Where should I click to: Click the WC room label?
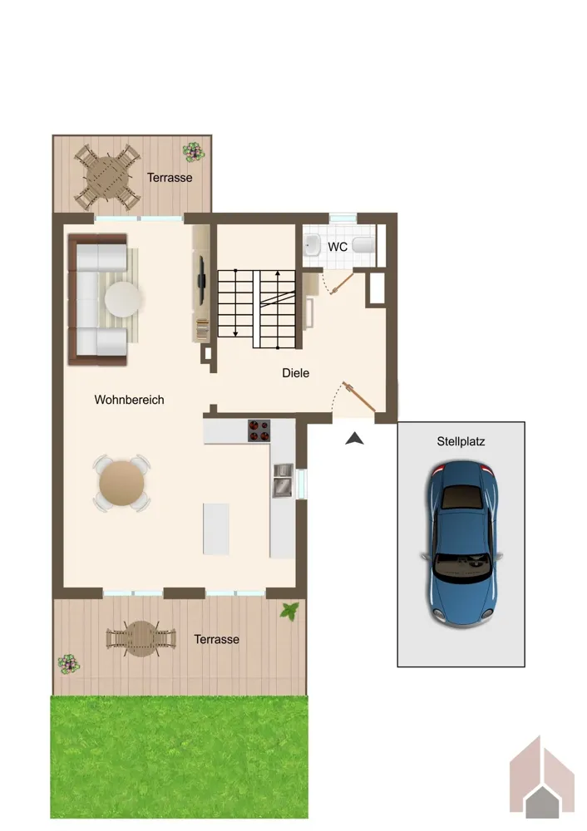point(338,247)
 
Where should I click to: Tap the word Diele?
point(295,373)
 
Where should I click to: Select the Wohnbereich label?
point(129,400)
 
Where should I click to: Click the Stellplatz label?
point(461,441)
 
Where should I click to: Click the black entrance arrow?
point(355,438)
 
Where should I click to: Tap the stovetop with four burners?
point(259,430)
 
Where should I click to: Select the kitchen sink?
point(283,480)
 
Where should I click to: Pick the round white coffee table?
point(123,299)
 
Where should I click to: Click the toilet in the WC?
point(364,245)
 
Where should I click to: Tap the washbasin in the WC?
point(313,245)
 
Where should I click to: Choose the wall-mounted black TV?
point(201,280)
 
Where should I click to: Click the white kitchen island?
point(216,529)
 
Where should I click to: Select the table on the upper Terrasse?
point(107,177)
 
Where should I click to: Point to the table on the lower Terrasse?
point(141,638)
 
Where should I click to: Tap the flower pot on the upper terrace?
point(194,151)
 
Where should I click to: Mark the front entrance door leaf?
point(359,396)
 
